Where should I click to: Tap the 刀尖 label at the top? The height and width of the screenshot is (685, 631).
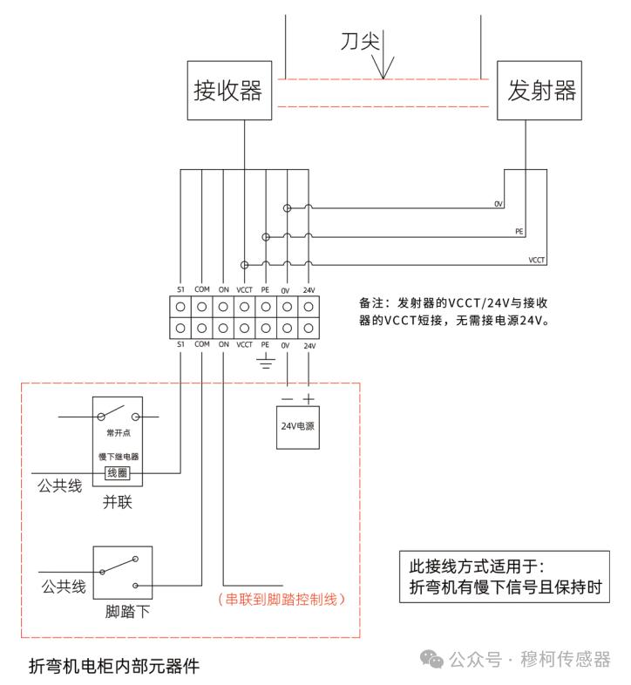pyautogui.click(x=360, y=41)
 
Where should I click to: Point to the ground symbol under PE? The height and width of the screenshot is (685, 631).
pyautogui.click(x=266, y=362)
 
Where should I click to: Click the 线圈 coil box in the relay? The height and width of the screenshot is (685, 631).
pyautogui.click(x=118, y=472)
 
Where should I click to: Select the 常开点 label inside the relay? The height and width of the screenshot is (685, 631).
pyautogui.click(x=119, y=433)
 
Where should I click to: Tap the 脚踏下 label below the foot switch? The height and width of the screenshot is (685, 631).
pyautogui.click(x=127, y=612)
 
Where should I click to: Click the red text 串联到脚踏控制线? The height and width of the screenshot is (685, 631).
pyautogui.click(x=282, y=599)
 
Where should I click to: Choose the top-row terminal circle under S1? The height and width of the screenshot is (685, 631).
pyautogui.click(x=180, y=307)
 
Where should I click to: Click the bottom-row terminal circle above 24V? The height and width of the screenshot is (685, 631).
pyautogui.click(x=309, y=328)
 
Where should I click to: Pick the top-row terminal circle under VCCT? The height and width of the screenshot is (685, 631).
pyautogui.click(x=244, y=307)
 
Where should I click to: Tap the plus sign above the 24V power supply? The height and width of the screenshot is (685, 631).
pyautogui.click(x=309, y=399)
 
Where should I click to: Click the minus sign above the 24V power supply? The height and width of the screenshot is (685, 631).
pyautogui.click(x=287, y=399)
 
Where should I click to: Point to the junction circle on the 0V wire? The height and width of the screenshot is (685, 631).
pyautogui.click(x=287, y=208)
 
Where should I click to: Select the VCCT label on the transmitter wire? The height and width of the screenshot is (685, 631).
pyautogui.click(x=537, y=260)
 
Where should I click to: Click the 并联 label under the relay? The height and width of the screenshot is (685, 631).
pyautogui.click(x=117, y=502)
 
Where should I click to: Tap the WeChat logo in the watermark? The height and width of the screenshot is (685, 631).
pyautogui.click(x=431, y=659)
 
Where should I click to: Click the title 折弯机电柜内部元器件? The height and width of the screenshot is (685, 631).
pyautogui.click(x=114, y=666)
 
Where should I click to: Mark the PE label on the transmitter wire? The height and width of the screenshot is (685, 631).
pyautogui.click(x=519, y=232)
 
